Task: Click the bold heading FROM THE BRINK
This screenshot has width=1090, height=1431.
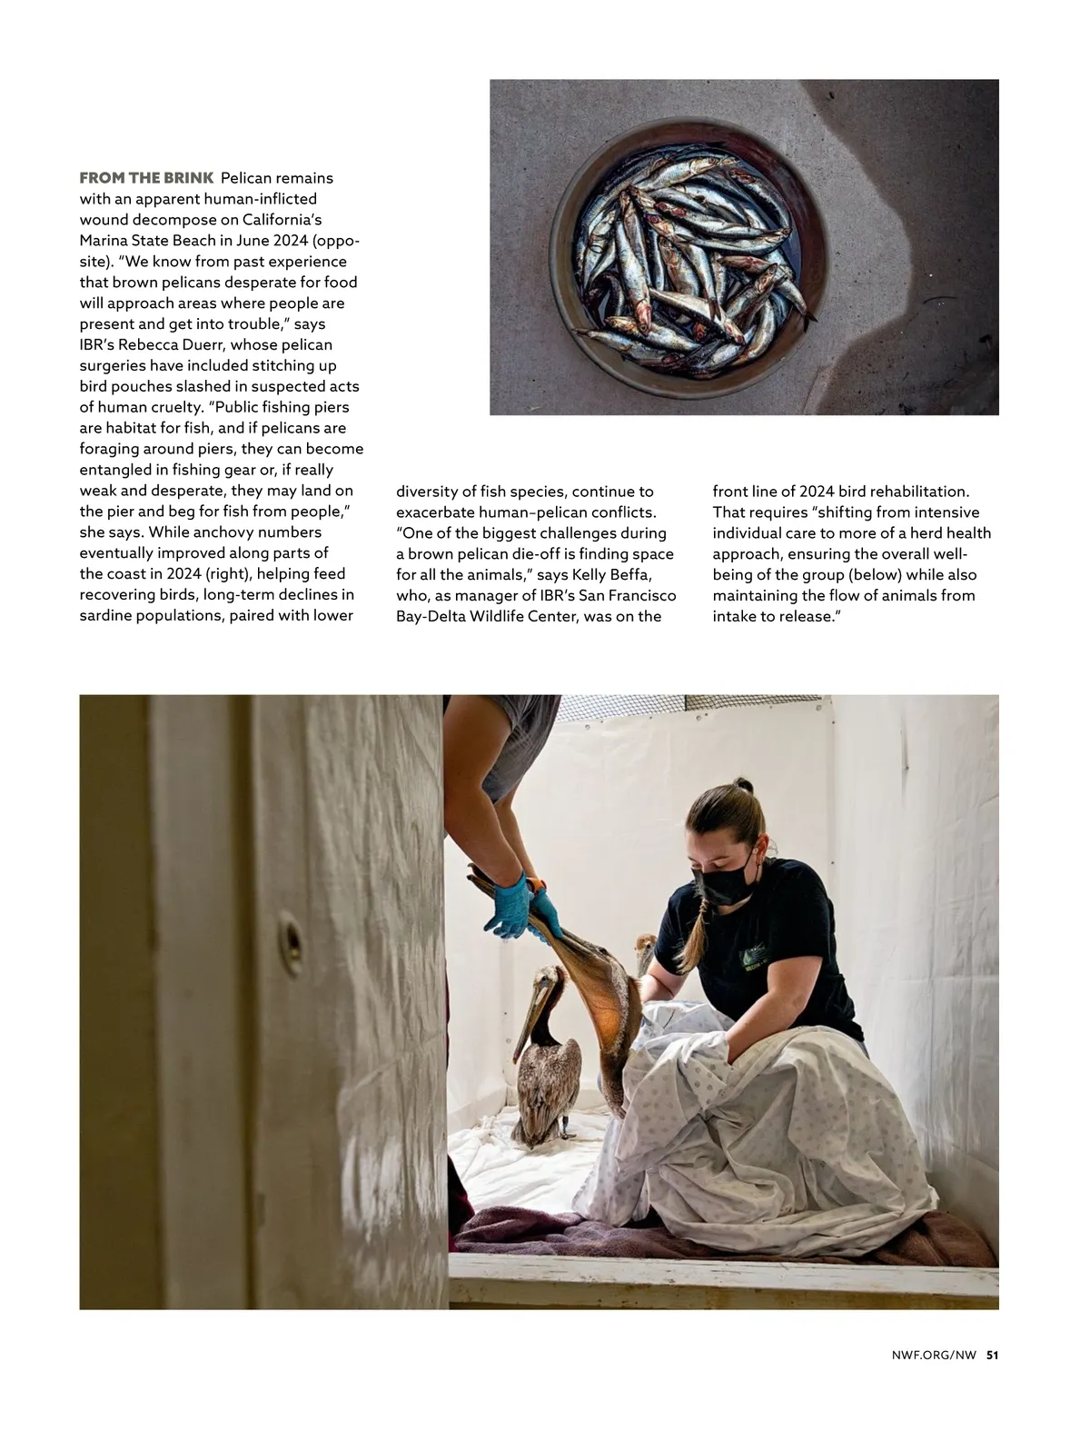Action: (x=146, y=177)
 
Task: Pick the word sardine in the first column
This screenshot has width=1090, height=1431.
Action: (x=109, y=616)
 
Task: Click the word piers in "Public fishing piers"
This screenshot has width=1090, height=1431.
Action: (x=330, y=407)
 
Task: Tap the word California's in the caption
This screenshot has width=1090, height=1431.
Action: (x=282, y=220)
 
